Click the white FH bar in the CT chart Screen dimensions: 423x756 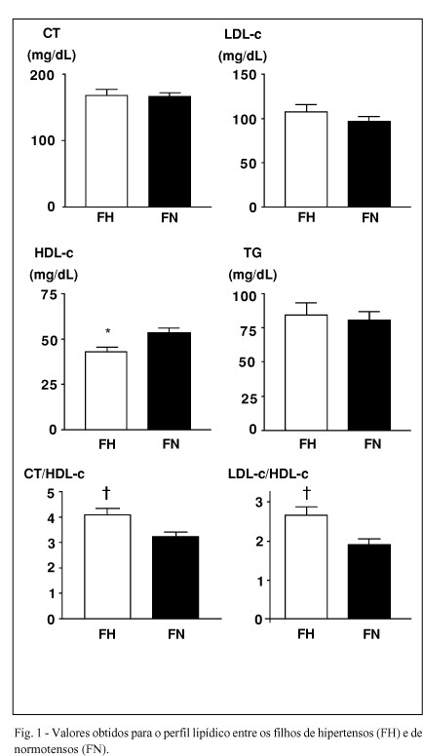(106, 151)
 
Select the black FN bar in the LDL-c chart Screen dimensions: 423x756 (369, 164)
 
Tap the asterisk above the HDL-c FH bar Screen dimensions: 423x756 (108, 331)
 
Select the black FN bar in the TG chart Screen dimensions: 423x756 (369, 375)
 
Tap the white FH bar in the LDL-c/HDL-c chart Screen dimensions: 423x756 (306, 567)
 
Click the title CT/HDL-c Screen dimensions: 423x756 (55, 474)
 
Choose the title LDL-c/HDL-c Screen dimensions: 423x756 (268, 474)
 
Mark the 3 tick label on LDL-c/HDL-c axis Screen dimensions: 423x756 (260, 503)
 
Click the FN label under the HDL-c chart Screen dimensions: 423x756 (170, 443)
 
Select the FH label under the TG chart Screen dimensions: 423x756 (307, 443)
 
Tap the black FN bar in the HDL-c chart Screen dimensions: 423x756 (170, 381)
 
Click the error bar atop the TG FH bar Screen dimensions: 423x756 (306, 309)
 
